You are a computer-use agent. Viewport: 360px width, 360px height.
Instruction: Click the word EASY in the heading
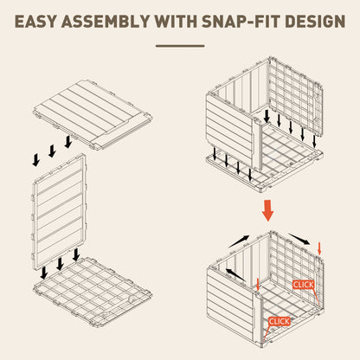35,22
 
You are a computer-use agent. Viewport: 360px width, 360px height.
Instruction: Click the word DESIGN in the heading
315,22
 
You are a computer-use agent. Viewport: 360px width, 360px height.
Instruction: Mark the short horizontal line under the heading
180,46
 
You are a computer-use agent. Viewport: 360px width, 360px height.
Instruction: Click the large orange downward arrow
267,210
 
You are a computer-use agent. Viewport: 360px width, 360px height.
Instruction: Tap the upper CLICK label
303,285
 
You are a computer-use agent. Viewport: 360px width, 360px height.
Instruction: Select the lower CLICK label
280,321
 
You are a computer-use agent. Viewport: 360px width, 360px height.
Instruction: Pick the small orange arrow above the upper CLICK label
319,248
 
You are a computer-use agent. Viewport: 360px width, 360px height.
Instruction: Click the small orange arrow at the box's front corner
258,285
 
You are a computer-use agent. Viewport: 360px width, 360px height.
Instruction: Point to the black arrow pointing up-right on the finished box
239,241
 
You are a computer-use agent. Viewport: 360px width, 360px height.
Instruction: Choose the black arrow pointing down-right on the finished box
299,239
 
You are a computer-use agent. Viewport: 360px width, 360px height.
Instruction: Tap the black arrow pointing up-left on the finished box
235,274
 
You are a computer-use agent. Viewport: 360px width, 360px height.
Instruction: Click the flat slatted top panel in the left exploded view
93,115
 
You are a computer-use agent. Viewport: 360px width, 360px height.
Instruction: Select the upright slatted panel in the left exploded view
59,212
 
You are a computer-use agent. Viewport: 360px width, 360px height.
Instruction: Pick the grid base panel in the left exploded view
93,292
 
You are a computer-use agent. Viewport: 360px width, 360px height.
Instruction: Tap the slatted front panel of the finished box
233,302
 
